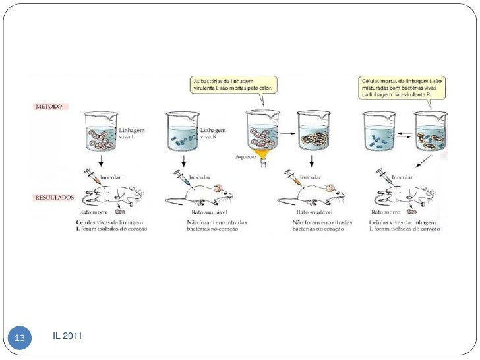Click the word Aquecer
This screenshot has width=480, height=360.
click(x=244, y=157)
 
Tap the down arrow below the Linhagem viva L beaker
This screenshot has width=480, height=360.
click(x=101, y=162)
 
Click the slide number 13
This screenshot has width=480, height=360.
click(x=20, y=338)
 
